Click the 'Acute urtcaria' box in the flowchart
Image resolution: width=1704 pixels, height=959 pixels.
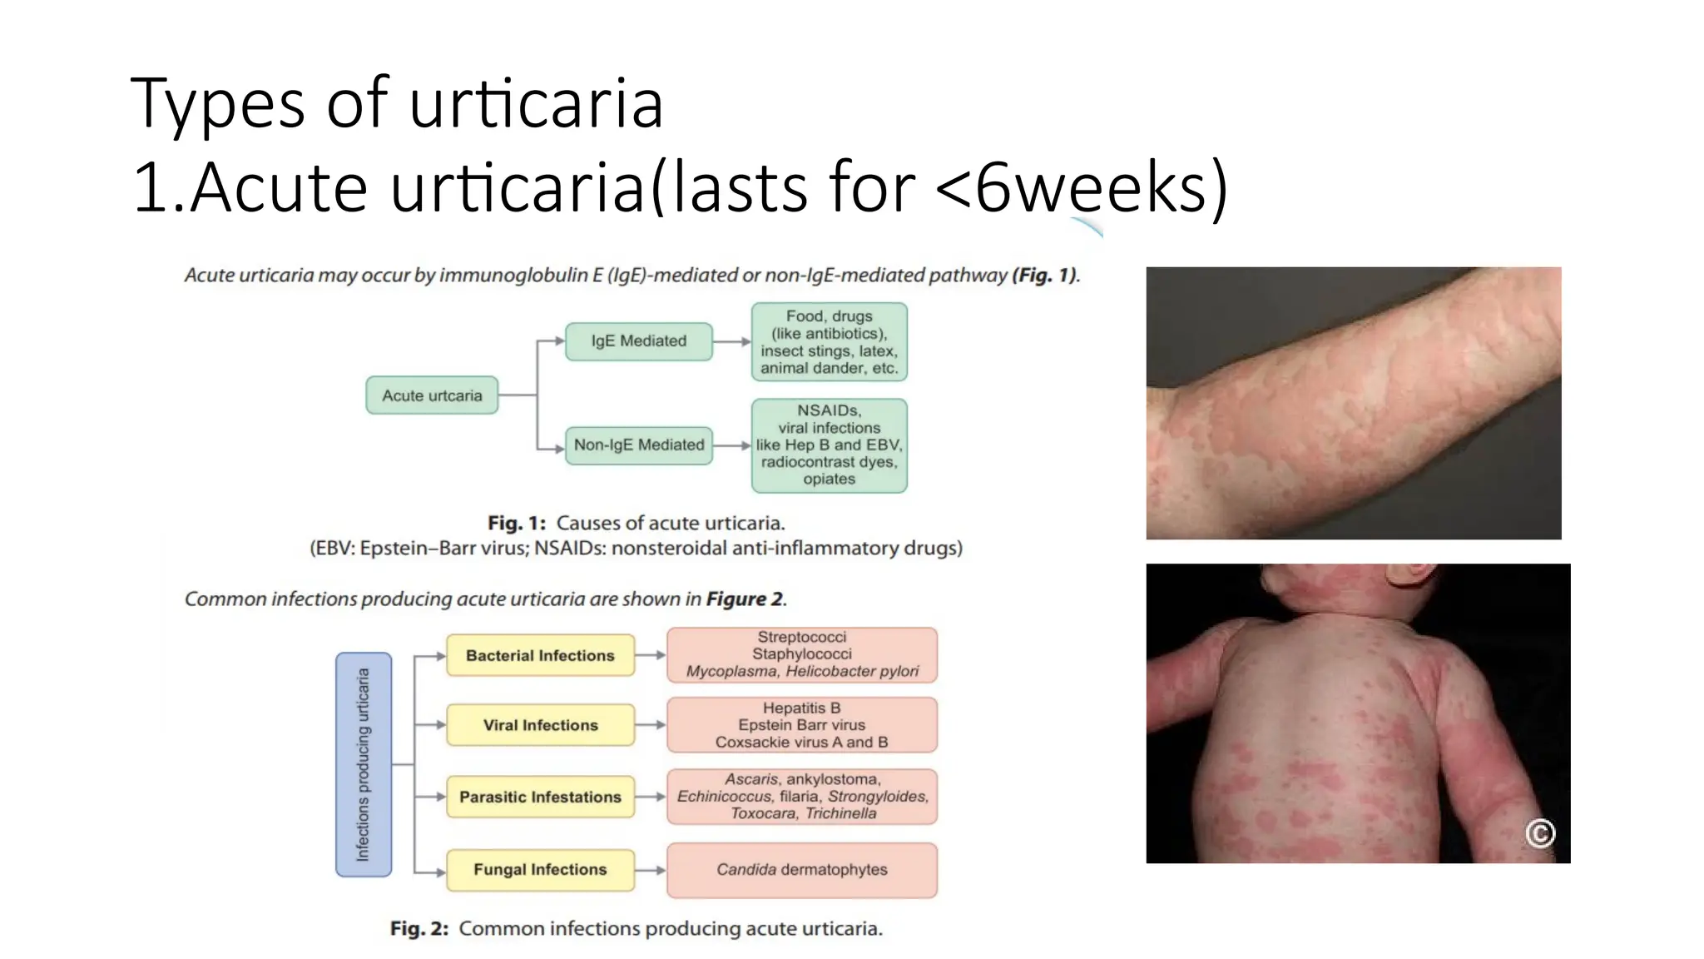[x=432, y=395]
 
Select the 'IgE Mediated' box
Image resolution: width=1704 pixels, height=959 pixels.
[x=638, y=341]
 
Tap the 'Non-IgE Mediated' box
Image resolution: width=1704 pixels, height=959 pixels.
[x=638, y=445]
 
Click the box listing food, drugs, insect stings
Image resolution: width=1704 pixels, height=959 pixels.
[x=829, y=342]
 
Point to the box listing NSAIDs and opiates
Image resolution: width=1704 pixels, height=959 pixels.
[x=829, y=445]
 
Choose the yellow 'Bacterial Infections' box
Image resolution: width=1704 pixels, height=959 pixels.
[x=540, y=656]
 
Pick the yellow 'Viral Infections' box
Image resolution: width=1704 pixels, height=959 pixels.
[x=540, y=725]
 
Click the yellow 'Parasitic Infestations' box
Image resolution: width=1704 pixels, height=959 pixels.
[x=540, y=797]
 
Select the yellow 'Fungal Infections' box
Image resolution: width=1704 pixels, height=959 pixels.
[x=540, y=870]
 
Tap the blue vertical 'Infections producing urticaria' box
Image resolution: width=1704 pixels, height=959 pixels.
[x=364, y=764]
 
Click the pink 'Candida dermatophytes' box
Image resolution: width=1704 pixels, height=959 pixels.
[x=802, y=870]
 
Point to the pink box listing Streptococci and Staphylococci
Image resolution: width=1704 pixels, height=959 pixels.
[x=802, y=654]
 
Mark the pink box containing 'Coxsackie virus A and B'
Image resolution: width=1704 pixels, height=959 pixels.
[x=802, y=725]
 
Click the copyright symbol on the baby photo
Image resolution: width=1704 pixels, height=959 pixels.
[x=1540, y=832]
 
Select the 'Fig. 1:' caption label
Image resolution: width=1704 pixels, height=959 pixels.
[x=517, y=524]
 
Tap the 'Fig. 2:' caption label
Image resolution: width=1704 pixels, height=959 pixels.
[x=419, y=929]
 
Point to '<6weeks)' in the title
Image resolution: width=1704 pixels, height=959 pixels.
[x=1082, y=187]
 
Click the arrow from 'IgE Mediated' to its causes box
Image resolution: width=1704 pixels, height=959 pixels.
[x=732, y=341]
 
